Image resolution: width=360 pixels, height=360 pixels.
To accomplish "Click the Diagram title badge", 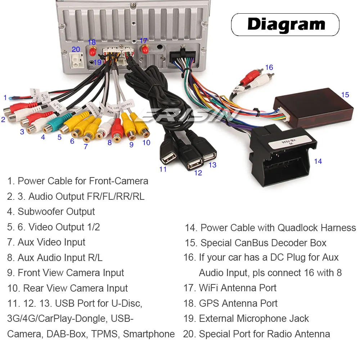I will click(285, 24).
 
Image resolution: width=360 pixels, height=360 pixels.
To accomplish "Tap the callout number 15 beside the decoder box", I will click(345, 95).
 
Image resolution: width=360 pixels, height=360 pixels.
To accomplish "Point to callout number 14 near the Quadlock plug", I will click(318, 161).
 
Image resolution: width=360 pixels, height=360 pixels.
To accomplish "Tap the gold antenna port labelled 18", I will click(93, 50).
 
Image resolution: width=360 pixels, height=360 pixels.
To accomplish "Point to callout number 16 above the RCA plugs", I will click(269, 67).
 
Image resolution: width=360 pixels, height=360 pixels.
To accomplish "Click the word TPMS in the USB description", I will click(105, 334).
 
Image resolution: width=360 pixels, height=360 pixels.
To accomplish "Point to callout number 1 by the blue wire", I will click(5, 97).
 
